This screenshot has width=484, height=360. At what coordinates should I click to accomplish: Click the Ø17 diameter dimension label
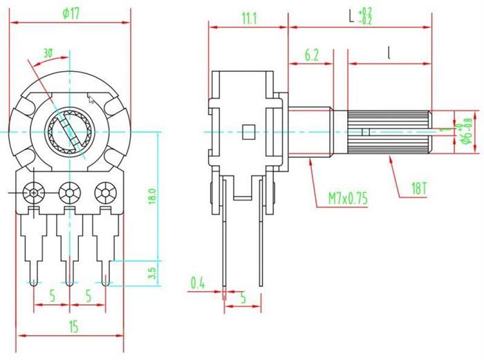pyautogui.click(x=71, y=12)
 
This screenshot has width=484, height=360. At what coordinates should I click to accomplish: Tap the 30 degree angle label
pyautogui.click(x=48, y=53)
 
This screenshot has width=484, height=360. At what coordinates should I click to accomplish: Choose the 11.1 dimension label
pyautogui.click(x=250, y=19)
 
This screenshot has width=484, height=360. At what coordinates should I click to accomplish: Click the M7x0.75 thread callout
pyautogui.click(x=348, y=200)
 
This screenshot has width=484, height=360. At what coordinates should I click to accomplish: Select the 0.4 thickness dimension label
pyautogui.click(x=198, y=282)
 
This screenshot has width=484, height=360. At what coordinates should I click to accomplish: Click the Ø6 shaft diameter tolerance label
pyautogui.click(x=467, y=130)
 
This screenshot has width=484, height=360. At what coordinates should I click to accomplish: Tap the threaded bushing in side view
pyautogui.click(x=311, y=131)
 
